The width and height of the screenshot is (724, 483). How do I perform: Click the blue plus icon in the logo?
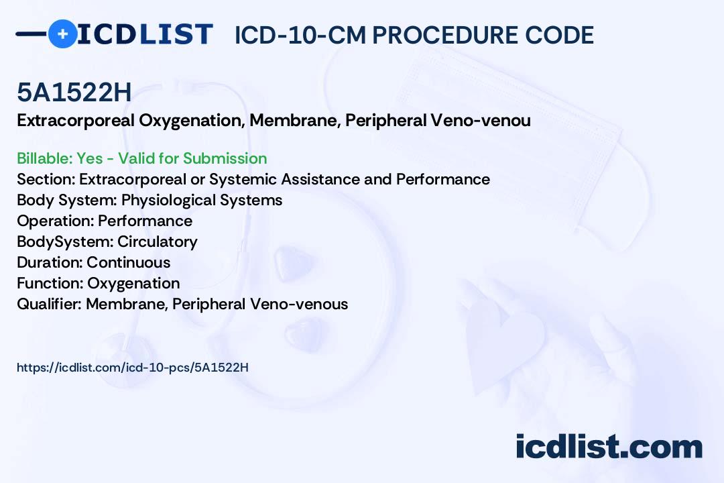click(x=62, y=34)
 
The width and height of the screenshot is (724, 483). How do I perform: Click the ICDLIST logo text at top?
click(x=145, y=34)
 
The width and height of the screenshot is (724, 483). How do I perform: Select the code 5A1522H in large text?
click(x=74, y=93)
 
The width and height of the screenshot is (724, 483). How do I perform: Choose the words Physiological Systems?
click(x=202, y=200)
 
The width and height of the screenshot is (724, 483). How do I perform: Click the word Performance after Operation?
click(x=145, y=221)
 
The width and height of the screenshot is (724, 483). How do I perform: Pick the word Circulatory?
click(x=158, y=241)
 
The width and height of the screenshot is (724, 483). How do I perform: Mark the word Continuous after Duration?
click(x=129, y=262)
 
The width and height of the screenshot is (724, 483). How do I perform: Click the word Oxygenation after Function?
click(x=133, y=283)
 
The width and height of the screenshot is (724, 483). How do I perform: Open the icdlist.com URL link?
click(x=133, y=368)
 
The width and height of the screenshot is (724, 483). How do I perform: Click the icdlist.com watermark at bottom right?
click(x=609, y=447)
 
